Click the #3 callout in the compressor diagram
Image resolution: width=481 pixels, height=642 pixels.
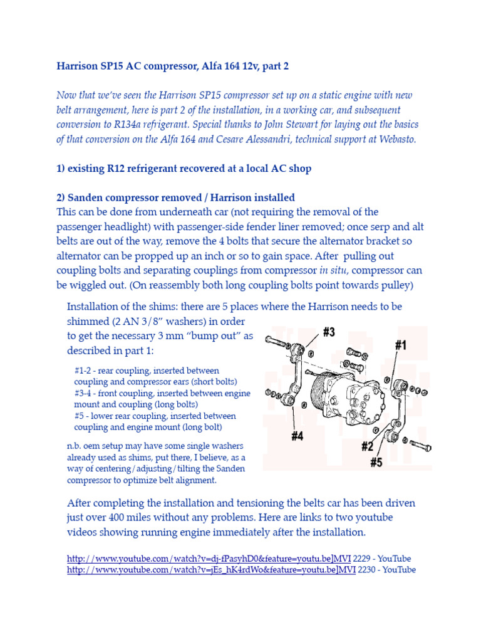coord(328,332)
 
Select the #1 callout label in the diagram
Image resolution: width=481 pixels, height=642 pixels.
coord(401,344)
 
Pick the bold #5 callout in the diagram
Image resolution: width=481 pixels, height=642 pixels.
coord(376,463)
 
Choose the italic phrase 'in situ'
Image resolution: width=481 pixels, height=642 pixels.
coord(333,270)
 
